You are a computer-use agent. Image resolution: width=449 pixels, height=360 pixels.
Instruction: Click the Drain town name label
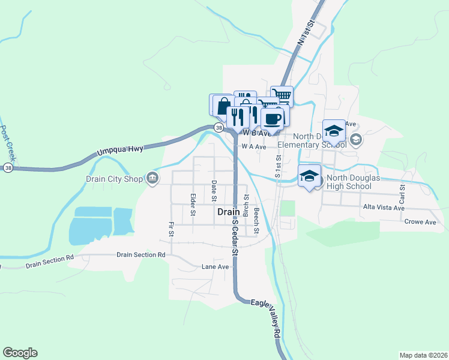click(x=228, y=212)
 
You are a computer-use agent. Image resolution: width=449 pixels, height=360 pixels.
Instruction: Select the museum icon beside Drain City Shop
click(x=152, y=178)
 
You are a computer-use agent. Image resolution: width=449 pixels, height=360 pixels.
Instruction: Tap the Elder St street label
click(x=193, y=205)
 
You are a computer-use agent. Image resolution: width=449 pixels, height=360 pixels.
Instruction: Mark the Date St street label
click(x=214, y=190)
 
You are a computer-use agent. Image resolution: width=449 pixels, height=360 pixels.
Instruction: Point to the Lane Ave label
click(x=215, y=266)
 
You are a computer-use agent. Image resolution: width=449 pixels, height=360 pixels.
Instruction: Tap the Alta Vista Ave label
click(x=384, y=208)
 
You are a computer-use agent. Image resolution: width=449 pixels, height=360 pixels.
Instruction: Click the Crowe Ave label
click(x=421, y=222)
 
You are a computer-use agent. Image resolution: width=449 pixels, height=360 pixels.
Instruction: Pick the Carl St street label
click(x=402, y=193)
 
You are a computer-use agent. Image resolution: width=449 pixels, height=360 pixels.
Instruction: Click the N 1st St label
click(x=306, y=33)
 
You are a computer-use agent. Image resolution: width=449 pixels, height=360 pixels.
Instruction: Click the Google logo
click(x=20, y=353)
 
